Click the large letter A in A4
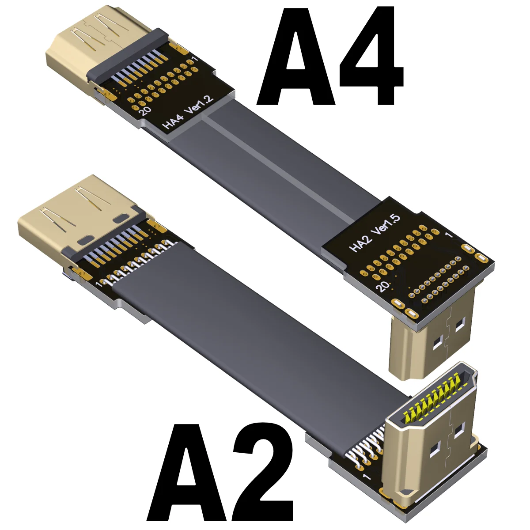295,57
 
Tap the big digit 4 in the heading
371,57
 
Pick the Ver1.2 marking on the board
199,104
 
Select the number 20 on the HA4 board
145,110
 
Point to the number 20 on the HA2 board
383,286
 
